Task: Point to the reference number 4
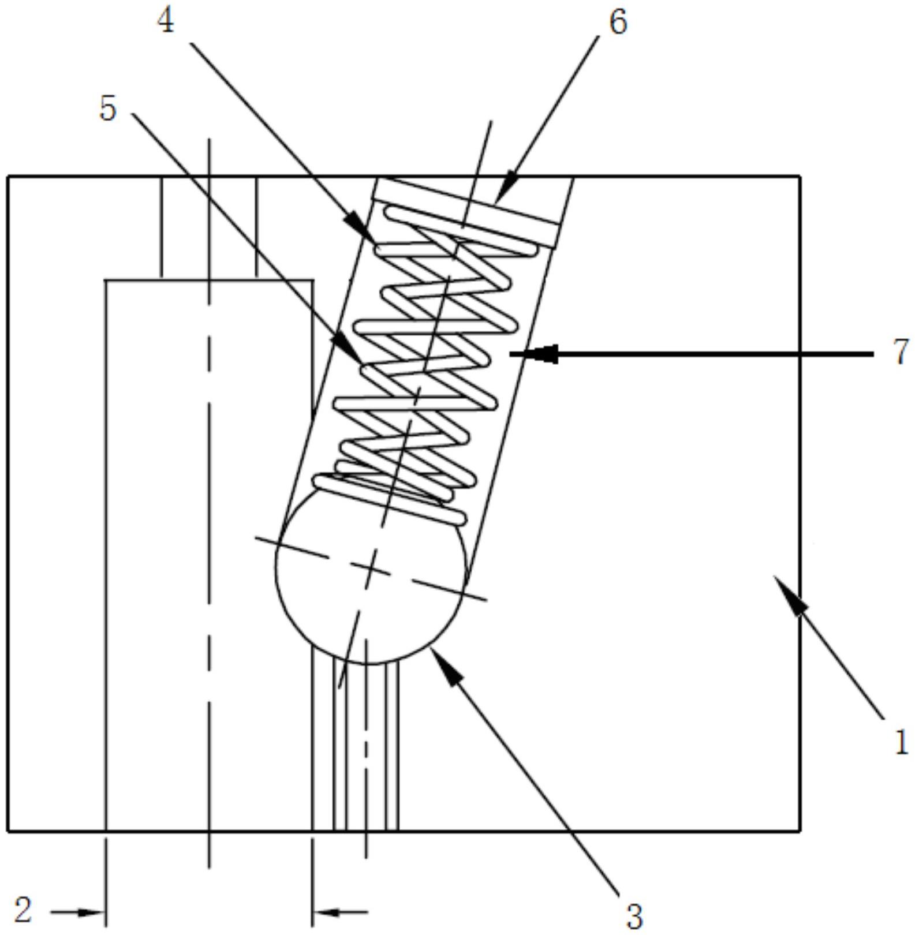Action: pos(166,23)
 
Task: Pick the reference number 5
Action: pos(108,108)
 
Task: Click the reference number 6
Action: pos(617,23)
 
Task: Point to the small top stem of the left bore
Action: pos(209,228)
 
